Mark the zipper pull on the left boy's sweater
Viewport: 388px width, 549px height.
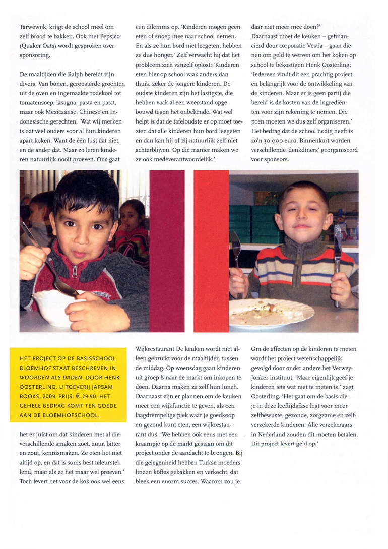[75, 272]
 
